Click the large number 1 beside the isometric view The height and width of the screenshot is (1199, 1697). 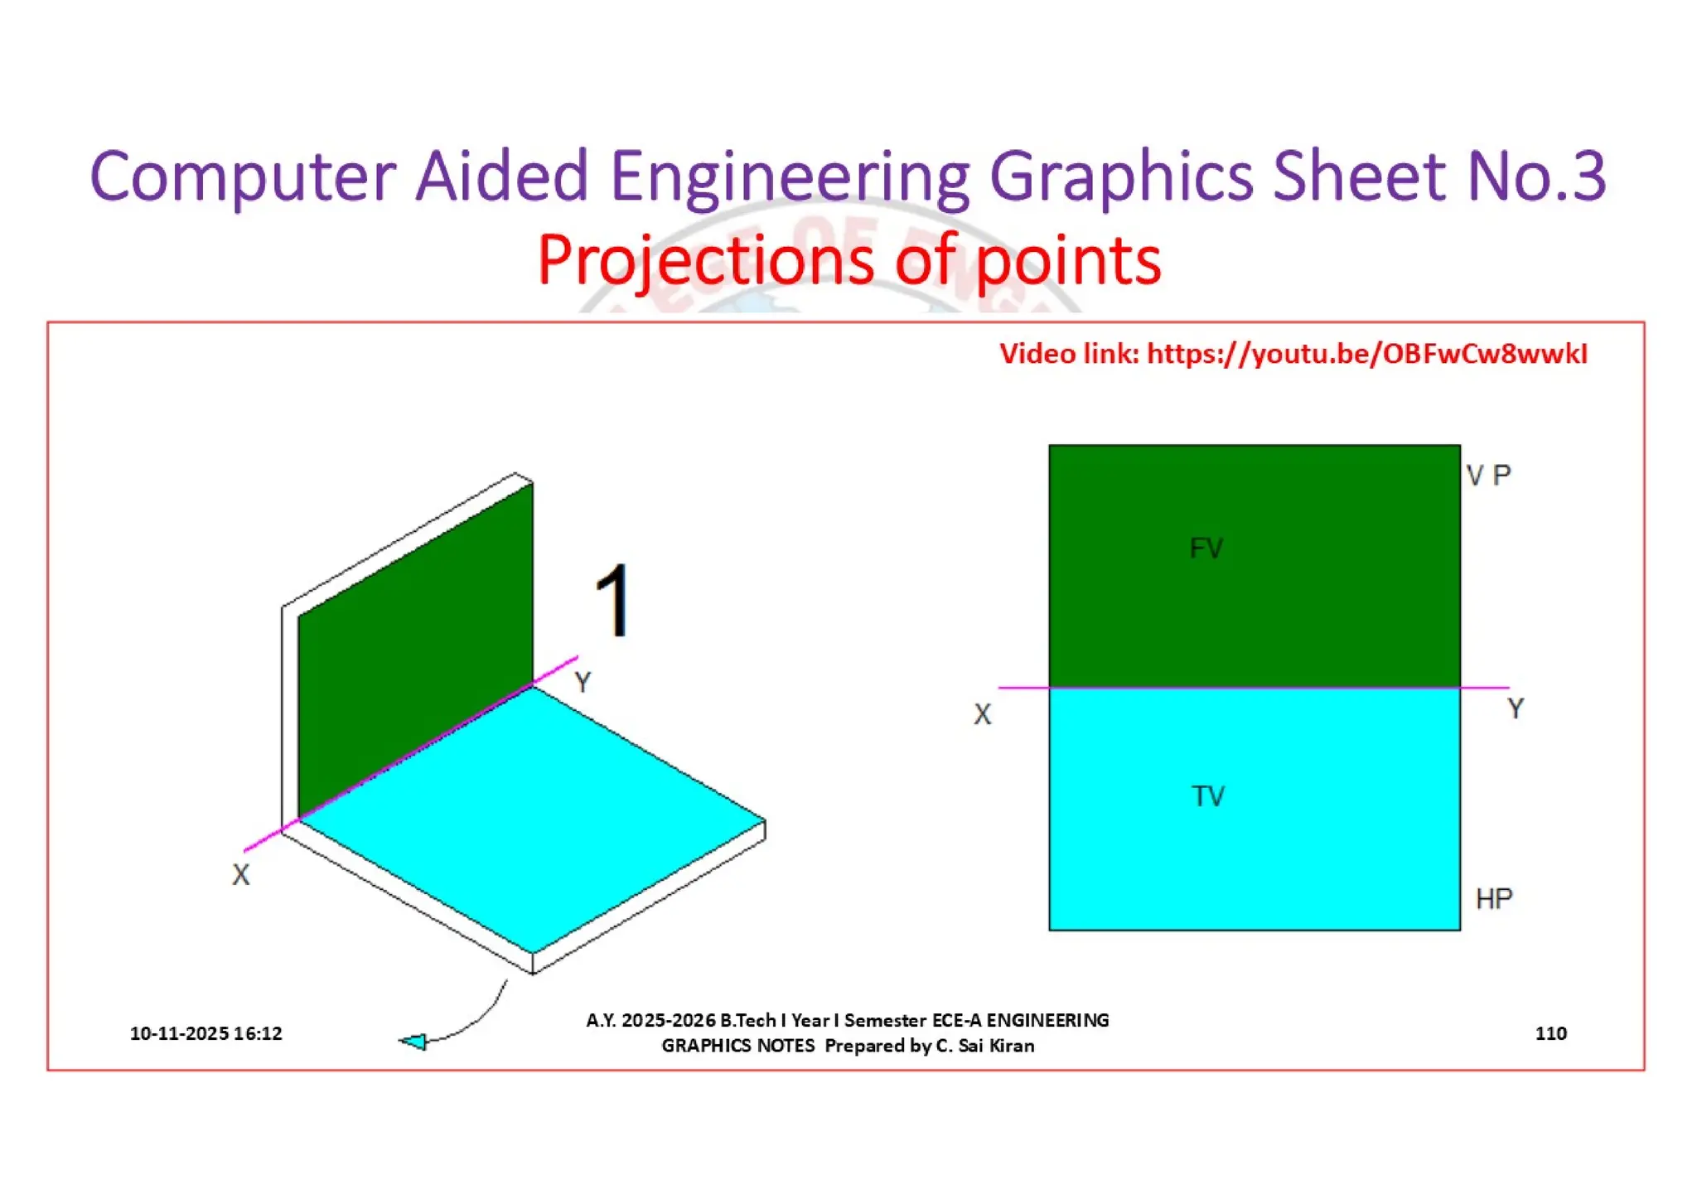click(614, 601)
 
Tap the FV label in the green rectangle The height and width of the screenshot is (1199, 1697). click(1206, 548)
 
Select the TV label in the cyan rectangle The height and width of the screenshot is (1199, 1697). click(1208, 796)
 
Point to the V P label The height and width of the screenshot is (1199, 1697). click(1488, 476)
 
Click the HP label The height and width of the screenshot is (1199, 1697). click(1494, 898)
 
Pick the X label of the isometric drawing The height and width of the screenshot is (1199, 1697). click(240, 875)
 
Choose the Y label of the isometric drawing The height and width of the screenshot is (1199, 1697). click(583, 683)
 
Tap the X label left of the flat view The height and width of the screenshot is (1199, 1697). click(982, 714)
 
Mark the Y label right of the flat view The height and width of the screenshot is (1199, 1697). click(1516, 708)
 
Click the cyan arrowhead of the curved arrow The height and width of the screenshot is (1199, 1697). click(413, 1042)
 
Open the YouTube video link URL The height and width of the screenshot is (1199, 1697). click(1367, 354)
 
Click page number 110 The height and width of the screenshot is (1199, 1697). click(1550, 1033)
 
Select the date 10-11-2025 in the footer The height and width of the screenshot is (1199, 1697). click(179, 1033)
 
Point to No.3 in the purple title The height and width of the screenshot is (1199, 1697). click(1536, 176)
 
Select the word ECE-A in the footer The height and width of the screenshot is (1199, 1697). click(956, 1020)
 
